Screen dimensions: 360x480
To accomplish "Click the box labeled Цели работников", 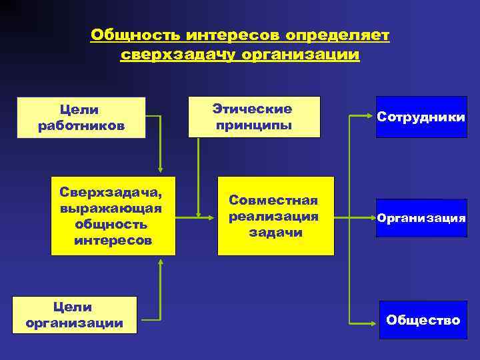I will click(x=81, y=117).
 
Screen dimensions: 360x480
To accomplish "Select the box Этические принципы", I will click(x=253, y=117).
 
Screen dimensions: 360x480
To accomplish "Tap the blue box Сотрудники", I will click(x=421, y=117).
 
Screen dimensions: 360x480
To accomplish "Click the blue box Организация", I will click(x=421, y=218).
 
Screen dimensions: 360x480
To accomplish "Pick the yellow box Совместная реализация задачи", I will click(x=275, y=216).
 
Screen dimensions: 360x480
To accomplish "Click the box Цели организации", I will click(x=74, y=315).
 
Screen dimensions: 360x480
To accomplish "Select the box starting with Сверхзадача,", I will click(x=113, y=216).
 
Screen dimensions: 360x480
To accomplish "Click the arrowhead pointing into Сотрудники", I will click(x=371, y=117).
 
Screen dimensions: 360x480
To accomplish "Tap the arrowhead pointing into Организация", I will click(x=371, y=218).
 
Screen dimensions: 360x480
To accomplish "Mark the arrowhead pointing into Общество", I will click(x=371, y=324).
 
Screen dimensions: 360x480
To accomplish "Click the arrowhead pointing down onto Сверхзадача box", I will click(x=160, y=171).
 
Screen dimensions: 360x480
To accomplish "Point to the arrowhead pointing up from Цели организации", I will click(x=160, y=261).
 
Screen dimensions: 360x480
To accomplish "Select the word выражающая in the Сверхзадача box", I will click(x=113, y=209).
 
